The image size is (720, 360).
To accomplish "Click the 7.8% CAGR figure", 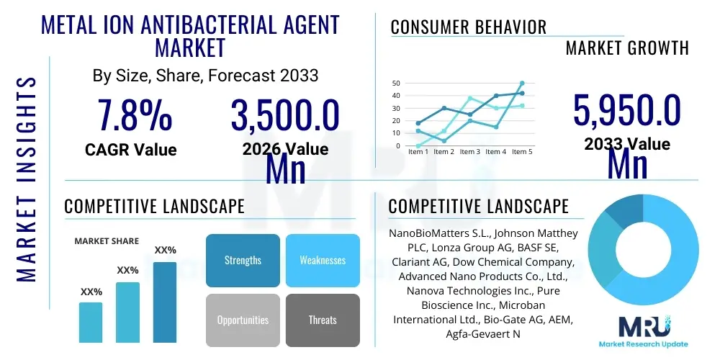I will pyautogui.click(x=135, y=115).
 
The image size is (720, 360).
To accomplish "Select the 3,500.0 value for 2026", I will pyautogui.click(x=285, y=115).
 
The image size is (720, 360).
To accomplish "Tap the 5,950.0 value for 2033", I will pyautogui.click(x=627, y=110).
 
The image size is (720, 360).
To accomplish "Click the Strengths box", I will pyautogui.click(x=243, y=260).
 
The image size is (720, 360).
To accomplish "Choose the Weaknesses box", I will pyautogui.click(x=323, y=260).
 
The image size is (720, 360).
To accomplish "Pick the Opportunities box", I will pyautogui.click(x=243, y=320).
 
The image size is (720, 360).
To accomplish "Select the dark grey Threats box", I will pyautogui.click(x=323, y=320).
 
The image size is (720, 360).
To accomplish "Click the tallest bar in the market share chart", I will pyautogui.click(x=165, y=302).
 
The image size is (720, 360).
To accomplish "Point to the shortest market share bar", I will pyautogui.click(x=91, y=322).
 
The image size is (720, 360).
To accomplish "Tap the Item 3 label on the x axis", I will pyautogui.click(x=470, y=152).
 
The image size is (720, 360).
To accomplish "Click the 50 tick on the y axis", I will pyautogui.click(x=395, y=83).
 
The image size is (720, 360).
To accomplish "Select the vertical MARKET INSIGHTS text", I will pyautogui.click(x=27, y=177).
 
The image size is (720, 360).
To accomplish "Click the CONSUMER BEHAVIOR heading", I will pyautogui.click(x=469, y=27).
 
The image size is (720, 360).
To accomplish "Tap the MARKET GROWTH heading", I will pyautogui.click(x=627, y=48).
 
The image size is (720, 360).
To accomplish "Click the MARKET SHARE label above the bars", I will pyautogui.click(x=107, y=241).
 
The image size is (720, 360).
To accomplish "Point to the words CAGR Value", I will pyautogui.click(x=130, y=150).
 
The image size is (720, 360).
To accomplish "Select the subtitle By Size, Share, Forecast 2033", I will pyautogui.click(x=205, y=76).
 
